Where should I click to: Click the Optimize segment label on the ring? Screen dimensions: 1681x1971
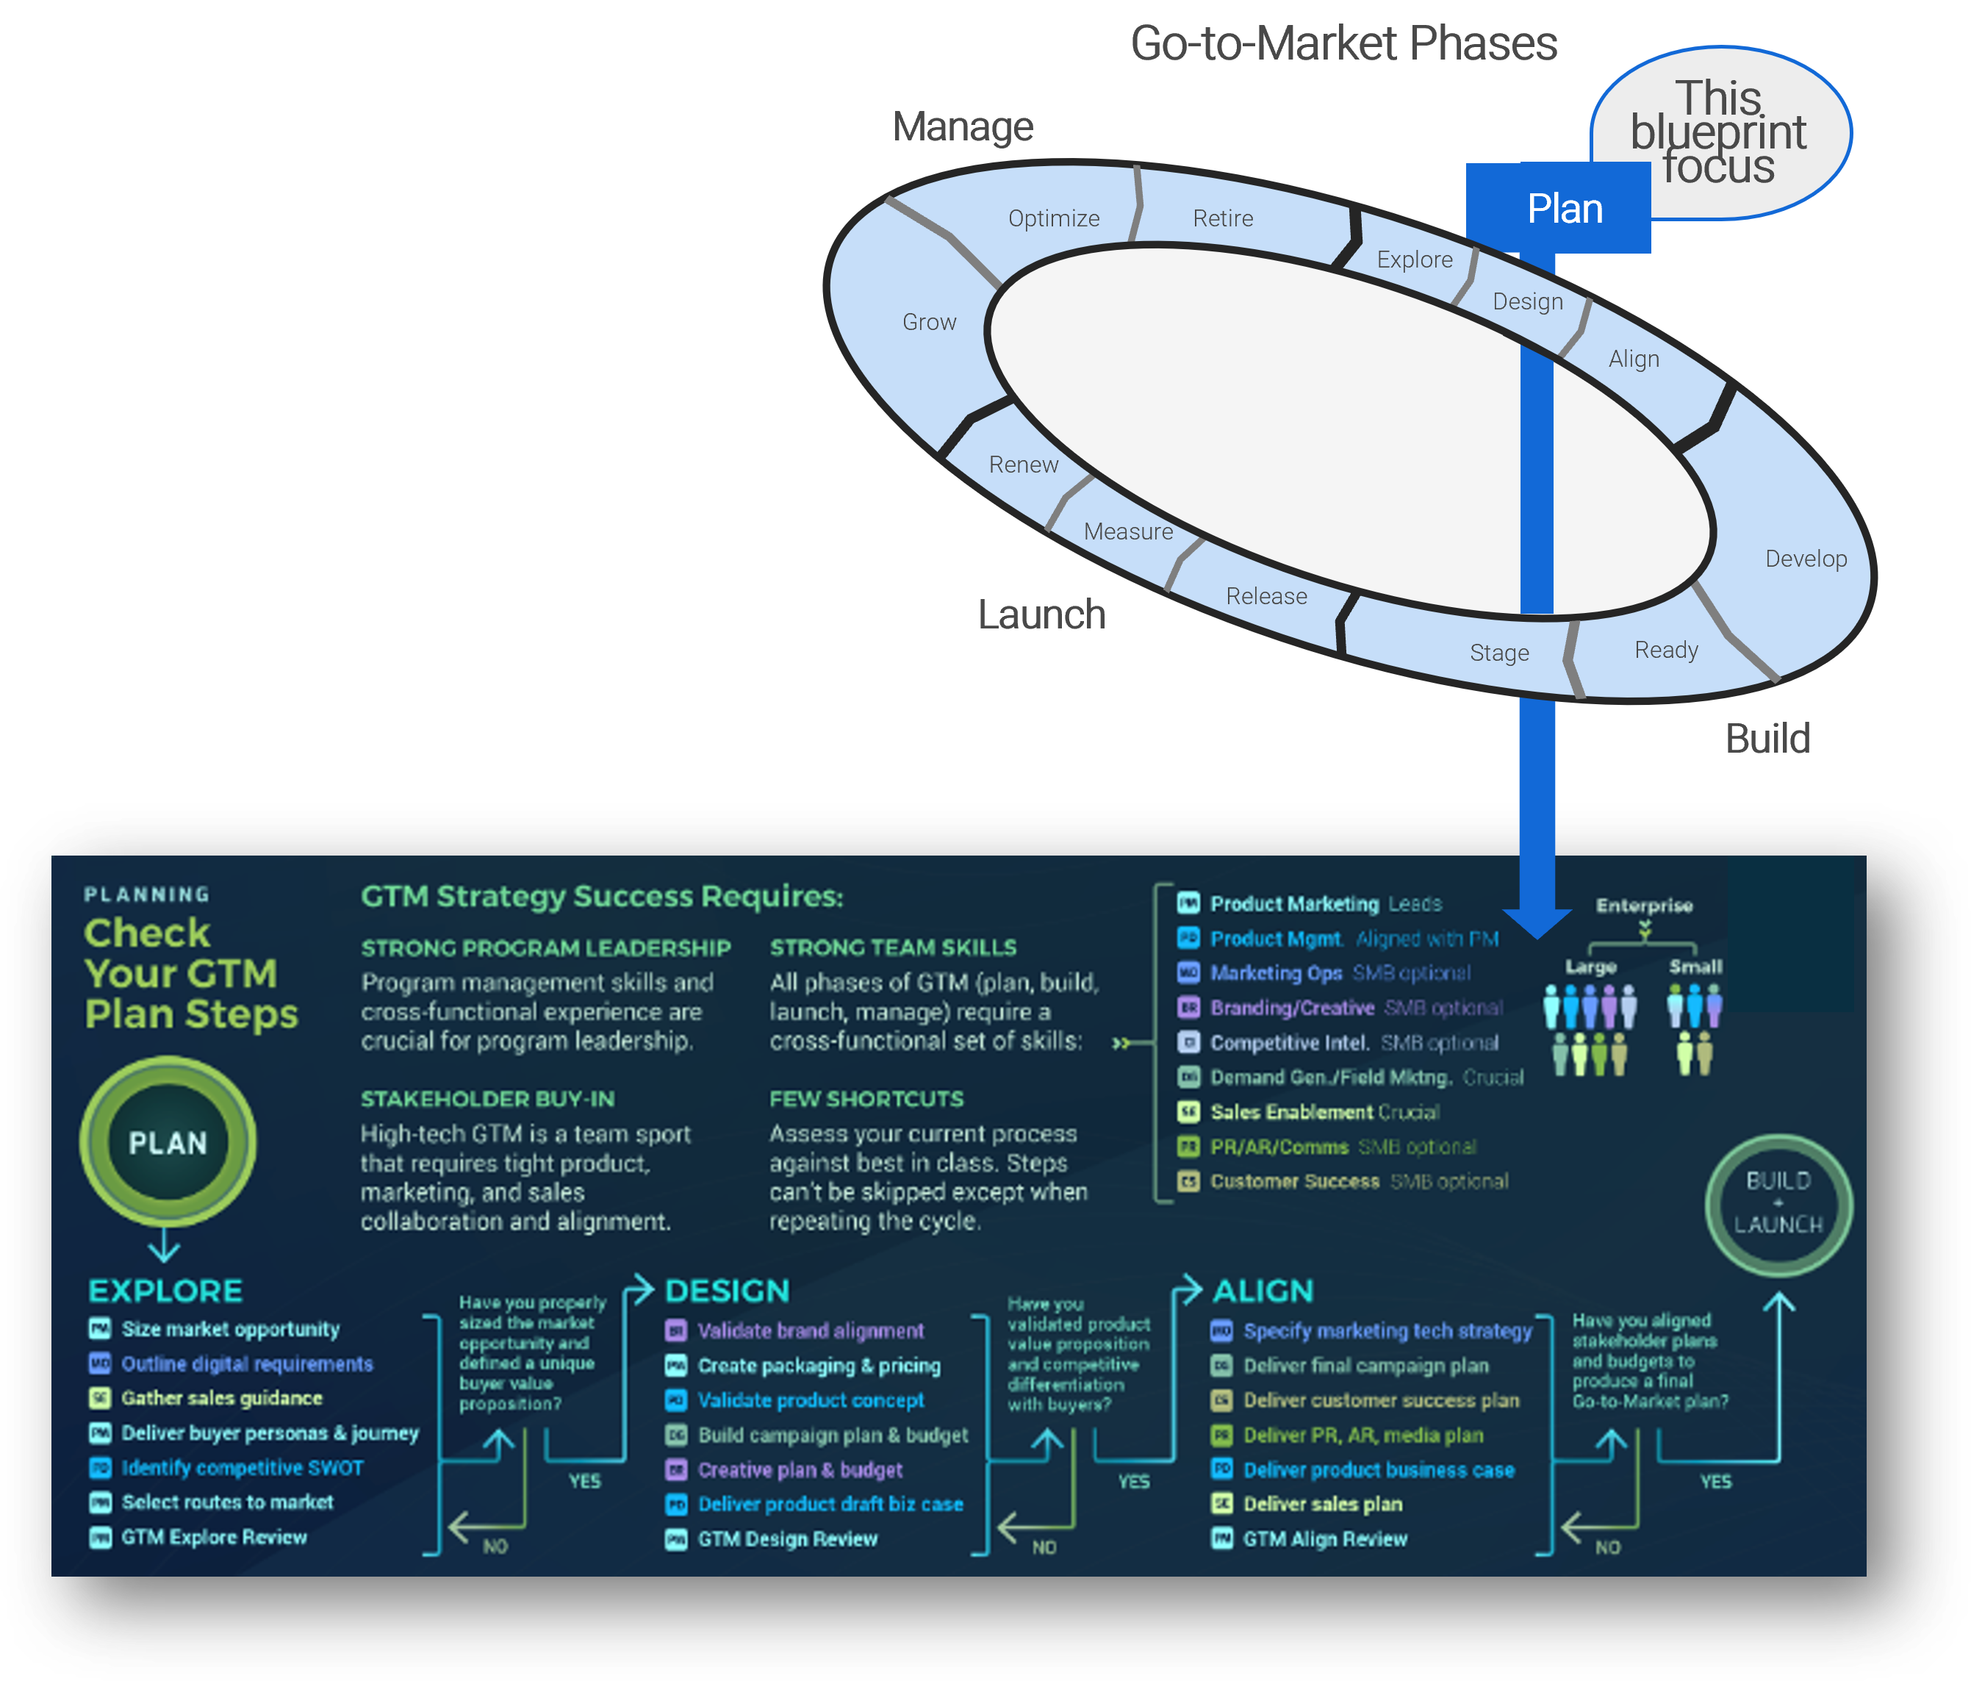tap(1053, 219)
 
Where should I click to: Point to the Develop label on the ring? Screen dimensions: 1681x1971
tap(1806, 559)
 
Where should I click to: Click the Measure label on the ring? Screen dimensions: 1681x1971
tap(1128, 532)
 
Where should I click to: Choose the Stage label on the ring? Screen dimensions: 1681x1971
tap(1499, 653)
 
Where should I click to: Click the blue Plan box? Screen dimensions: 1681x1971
tap(1563, 209)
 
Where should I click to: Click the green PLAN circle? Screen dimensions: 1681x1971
tap(168, 1142)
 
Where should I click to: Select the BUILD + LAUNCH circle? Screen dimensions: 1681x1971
tap(1778, 1203)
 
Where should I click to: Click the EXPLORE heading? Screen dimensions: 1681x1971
tap(165, 1291)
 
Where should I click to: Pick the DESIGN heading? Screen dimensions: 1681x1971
tap(727, 1291)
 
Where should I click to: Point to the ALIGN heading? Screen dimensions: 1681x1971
tap(1263, 1291)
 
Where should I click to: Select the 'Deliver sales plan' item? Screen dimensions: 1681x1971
tap(1322, 1504)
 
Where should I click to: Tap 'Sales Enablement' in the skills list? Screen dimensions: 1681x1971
tap(1291, 1112)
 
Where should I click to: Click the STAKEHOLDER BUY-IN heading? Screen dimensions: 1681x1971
tap(487, 1099)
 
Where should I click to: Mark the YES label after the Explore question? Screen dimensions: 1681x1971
tap(584, 1481)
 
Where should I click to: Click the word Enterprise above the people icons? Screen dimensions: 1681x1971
tap(1644, 906)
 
